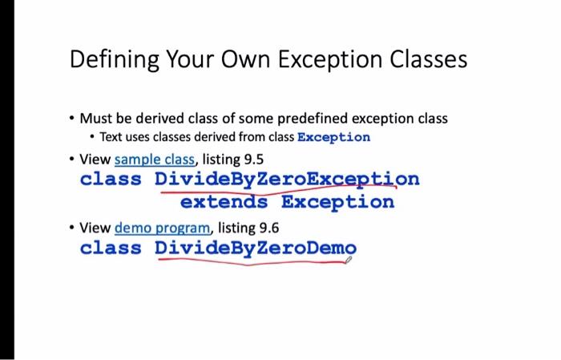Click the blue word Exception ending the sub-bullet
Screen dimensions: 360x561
click(x=333, y=137)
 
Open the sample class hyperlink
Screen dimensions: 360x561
click(x=154, y=160)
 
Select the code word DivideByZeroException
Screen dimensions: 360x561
click(x=286, y=178)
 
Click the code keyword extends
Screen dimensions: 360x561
click(x=224, y=201)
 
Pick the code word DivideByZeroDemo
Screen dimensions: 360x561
click(x=255, y=248)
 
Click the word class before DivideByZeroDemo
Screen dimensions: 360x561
click(x=111, y=248)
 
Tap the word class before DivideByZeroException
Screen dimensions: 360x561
click(x=111, y=178)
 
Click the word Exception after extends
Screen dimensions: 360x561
click(x=337, y=201)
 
